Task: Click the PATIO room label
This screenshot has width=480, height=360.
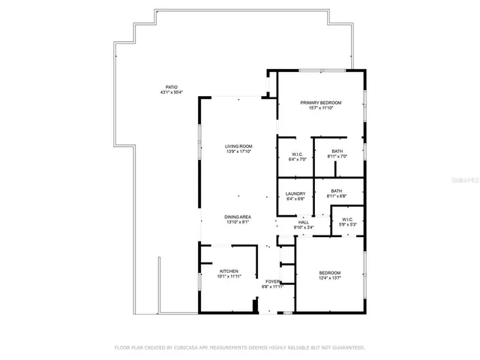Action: pos(172,87)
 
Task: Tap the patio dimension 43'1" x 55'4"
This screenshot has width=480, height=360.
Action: pos(172,93)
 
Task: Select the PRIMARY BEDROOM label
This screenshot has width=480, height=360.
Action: pos(321,102)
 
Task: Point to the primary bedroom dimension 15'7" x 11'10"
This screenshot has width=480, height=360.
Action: pos(321,108)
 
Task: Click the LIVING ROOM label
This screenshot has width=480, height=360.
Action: pos(238,145)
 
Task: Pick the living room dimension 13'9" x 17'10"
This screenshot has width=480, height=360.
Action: pos(238,151)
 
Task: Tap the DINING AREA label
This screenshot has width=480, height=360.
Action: pos(238,217)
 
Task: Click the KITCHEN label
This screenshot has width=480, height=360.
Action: pos(229,271)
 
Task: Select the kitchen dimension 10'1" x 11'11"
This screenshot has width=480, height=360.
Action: pos(229,277)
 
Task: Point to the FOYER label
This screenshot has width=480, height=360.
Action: pos(271,281)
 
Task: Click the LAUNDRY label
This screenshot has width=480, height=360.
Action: pos(295,193)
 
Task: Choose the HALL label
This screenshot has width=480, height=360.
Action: pos(304,222)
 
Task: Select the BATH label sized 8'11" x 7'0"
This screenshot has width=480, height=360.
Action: pos(337,151)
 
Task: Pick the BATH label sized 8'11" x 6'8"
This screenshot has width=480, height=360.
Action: pos(337,190)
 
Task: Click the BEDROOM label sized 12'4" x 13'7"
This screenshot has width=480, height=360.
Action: pos(330,273)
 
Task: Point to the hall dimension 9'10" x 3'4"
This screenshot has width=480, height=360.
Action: pos(304,227)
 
